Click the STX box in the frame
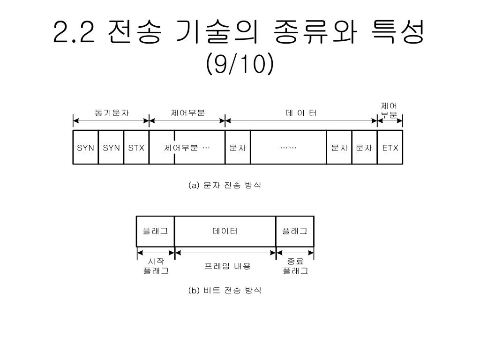(x=136, y=148)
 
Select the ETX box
(x=390, y=148)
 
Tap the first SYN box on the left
(x=86, y=148)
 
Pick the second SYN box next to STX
(x=111, y=148)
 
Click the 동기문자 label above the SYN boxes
(x=112, y=113)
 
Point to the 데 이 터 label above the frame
(x=301, y=113)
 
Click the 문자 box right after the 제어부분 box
(x=238, y=148)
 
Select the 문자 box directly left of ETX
(x=364, y=148)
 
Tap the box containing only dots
(x=288, y=148)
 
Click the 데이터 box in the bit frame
(x=225, y=231)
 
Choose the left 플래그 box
(x=155, y=231)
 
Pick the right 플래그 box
(x=295, y=231)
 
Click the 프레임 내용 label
(x=228, y=266)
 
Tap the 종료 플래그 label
(x=295, y=266)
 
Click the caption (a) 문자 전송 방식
(x=225, y=185)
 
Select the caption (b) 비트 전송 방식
(x=225, y=291)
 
